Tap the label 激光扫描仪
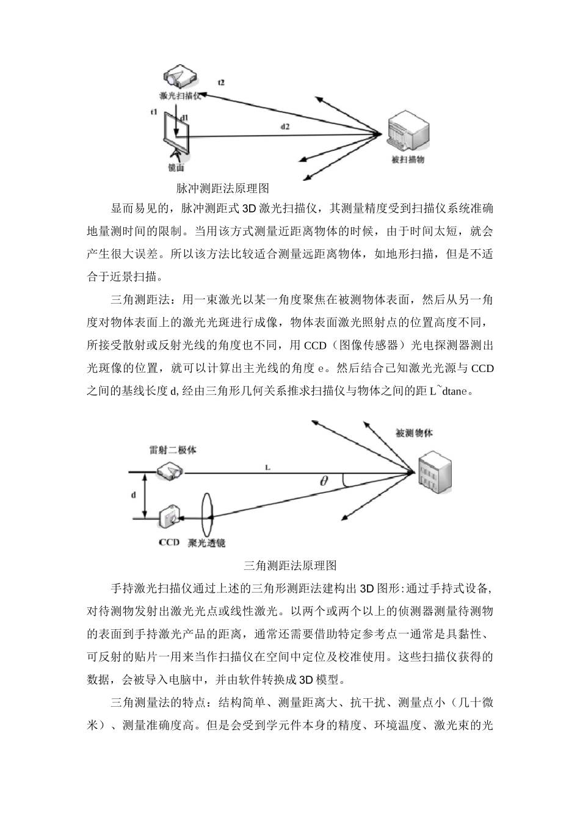pos(180,96)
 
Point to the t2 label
pos(220,82)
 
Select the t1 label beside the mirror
pos(154,112)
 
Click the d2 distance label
pos(285,126)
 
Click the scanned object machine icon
pos(406,130)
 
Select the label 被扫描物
pos(407,160)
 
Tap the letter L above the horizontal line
pos(267,467)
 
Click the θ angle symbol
pos(324,481)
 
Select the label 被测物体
pos(415,433)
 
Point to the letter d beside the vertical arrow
pos(134,495)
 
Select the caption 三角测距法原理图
pos(290,564)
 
